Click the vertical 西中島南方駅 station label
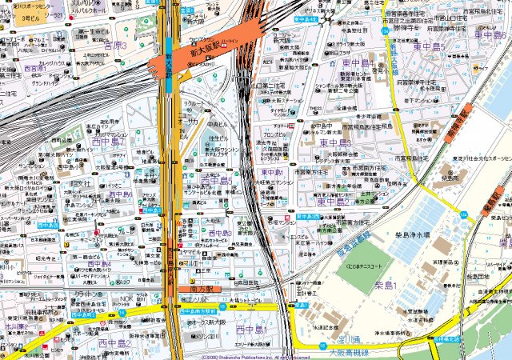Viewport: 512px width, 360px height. pos(170,260)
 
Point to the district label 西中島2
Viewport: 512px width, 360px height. pos(114,344)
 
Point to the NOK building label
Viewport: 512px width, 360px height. pos(126,299)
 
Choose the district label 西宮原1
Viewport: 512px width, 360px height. pos(35,70)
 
